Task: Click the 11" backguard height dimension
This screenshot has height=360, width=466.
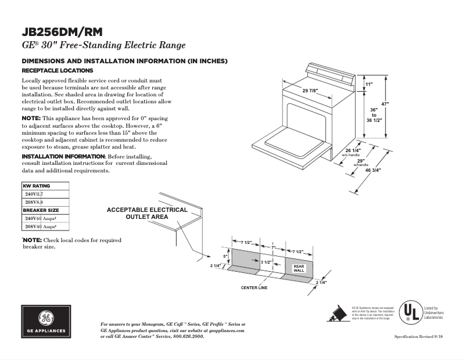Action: (x=368, y=84)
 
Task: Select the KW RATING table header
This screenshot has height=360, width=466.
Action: (x=37, y=186)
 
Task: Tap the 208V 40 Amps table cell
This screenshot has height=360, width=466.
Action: (x=44, y=226)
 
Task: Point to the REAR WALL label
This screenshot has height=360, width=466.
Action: (x=299, y=268)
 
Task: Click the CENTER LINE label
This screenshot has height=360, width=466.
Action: (x=254, y=287)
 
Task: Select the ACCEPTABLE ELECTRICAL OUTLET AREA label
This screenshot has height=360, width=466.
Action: (x=147, y=213)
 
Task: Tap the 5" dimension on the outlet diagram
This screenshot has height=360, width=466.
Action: (x=225, y=255)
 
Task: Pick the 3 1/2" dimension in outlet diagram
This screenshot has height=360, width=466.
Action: (x=266, y=262)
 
